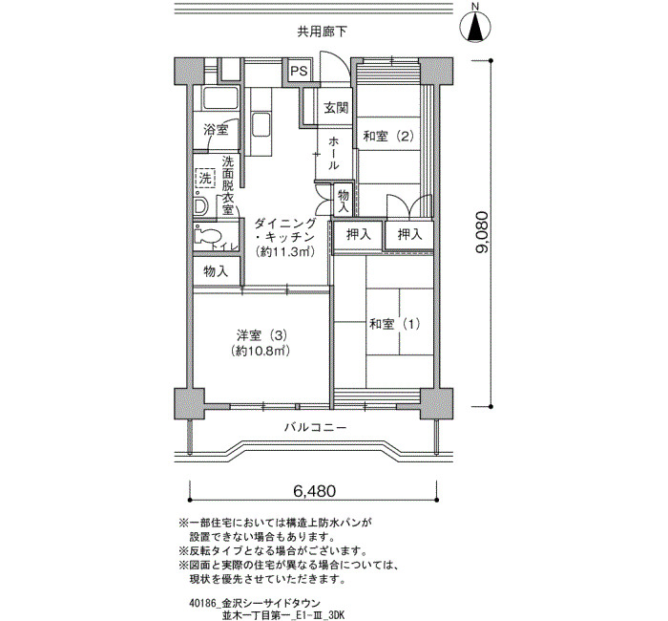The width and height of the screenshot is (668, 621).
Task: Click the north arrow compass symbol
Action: click(x=476, y=27)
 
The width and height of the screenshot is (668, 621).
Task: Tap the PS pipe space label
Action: click(x=299, y=71)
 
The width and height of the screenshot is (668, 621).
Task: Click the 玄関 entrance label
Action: click(x=336, y=107)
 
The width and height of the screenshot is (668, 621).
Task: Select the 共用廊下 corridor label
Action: click(x=322, y=32)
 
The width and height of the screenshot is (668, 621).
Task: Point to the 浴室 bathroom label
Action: click(x=216, y=130)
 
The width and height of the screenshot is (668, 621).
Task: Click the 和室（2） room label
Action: click(x=388, y=136)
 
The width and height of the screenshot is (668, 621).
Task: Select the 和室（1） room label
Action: click(x=395, y=324)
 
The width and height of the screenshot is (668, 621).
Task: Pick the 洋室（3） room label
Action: click(x=261, y=335)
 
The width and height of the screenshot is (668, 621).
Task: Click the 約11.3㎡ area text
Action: click(x=285, y=252)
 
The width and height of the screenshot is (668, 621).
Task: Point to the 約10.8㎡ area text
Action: click(x=261, y=351)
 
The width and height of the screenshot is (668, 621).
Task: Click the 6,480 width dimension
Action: click(x=314, y=491)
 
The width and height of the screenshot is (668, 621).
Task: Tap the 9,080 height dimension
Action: click(x=483, y=232)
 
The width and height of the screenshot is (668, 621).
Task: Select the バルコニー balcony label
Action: click(x=315, y=427)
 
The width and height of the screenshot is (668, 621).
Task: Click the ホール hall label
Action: click(x=334, y=153)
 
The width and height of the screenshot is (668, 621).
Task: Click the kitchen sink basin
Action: click(x=261, y=124)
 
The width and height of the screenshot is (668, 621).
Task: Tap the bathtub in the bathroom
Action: click(x=220, y=98)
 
